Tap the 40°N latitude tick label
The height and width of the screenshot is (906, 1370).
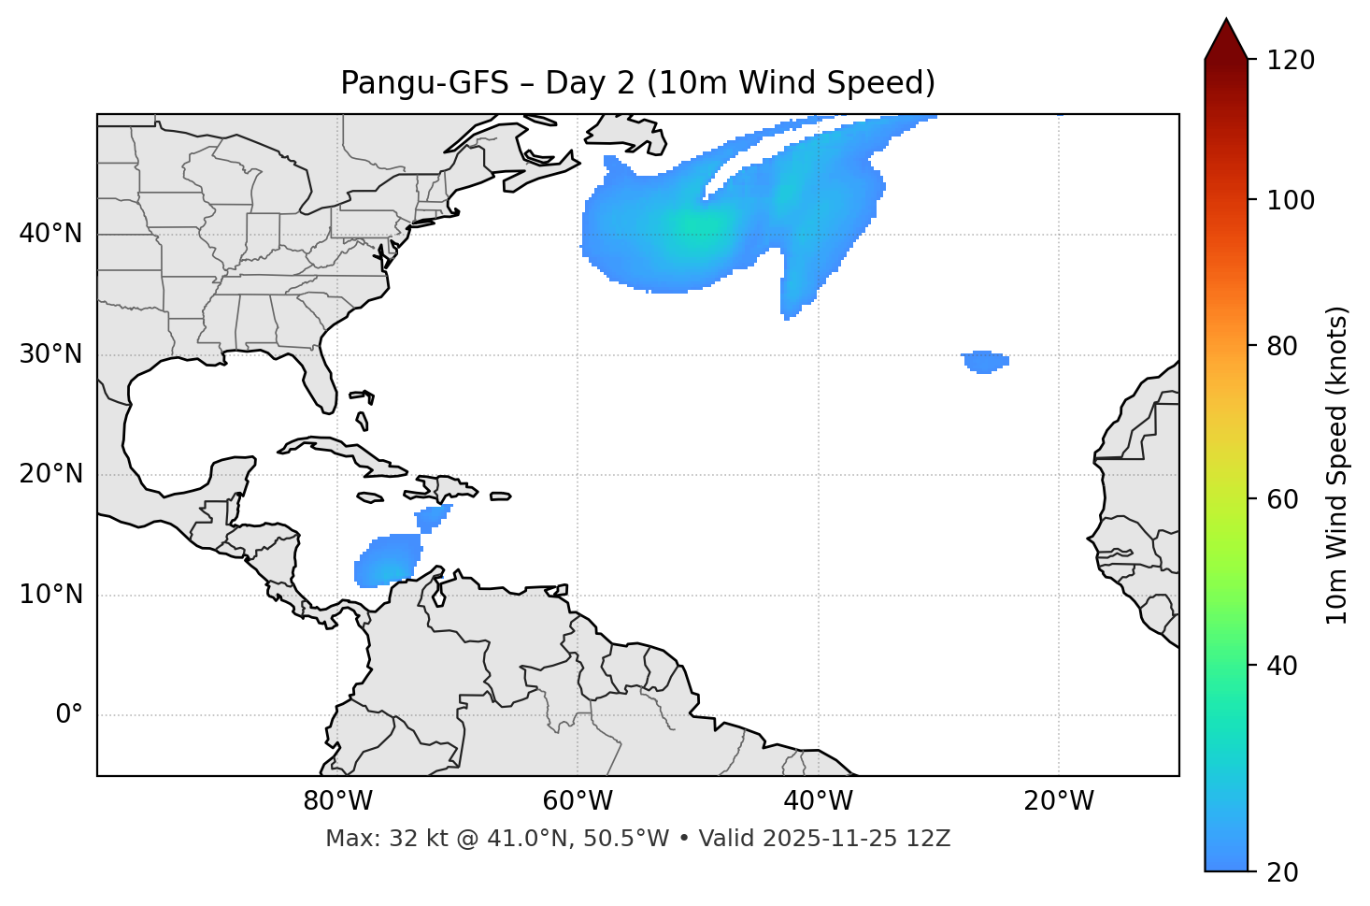pos(50,234)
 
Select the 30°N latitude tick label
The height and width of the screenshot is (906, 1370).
pos(50,354)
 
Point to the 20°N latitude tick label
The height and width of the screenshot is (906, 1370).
pos(50,474)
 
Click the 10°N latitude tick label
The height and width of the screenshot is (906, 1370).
pos(50,595)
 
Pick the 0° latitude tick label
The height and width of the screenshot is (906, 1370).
pos(69,715)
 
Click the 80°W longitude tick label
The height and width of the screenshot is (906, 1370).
pos(337,801)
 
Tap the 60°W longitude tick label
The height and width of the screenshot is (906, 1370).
pos(578,801)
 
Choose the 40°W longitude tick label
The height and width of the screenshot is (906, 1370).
pos(818,801)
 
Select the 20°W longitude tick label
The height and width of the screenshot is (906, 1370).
pos(1058,801)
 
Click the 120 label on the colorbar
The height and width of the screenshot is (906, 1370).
pos(1291,60)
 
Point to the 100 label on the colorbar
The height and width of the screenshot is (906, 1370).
pos(1291,200)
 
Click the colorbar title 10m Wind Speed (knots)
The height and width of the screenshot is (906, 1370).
pos(1337,465)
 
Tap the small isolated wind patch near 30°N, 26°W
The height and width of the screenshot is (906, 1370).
pos(984,362)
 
